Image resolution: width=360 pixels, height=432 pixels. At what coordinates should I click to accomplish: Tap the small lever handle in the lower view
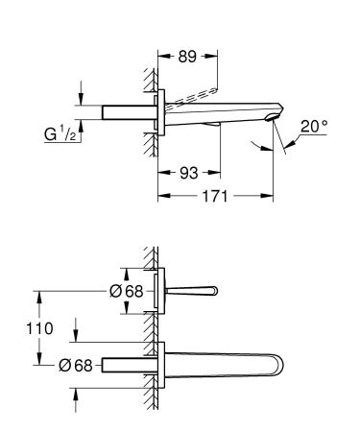click(x=197, y=290)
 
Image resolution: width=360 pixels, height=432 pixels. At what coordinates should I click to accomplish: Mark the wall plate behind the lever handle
click(x=164, y=289)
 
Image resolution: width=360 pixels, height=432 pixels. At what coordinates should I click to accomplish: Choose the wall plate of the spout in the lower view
click(x=164, y=365)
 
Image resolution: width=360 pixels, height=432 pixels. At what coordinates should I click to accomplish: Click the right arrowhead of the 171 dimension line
click(x=273, y=196)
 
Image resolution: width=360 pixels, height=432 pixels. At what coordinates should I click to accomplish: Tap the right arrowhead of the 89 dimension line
click(x=215, y=56)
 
